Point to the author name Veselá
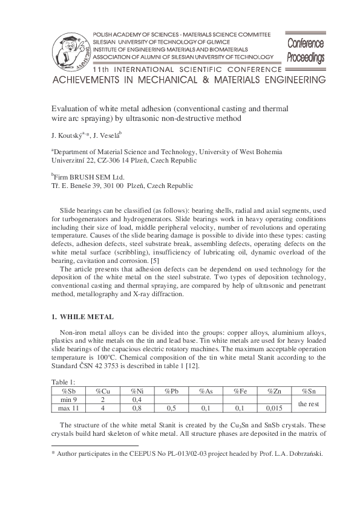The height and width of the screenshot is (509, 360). (110, 135)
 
